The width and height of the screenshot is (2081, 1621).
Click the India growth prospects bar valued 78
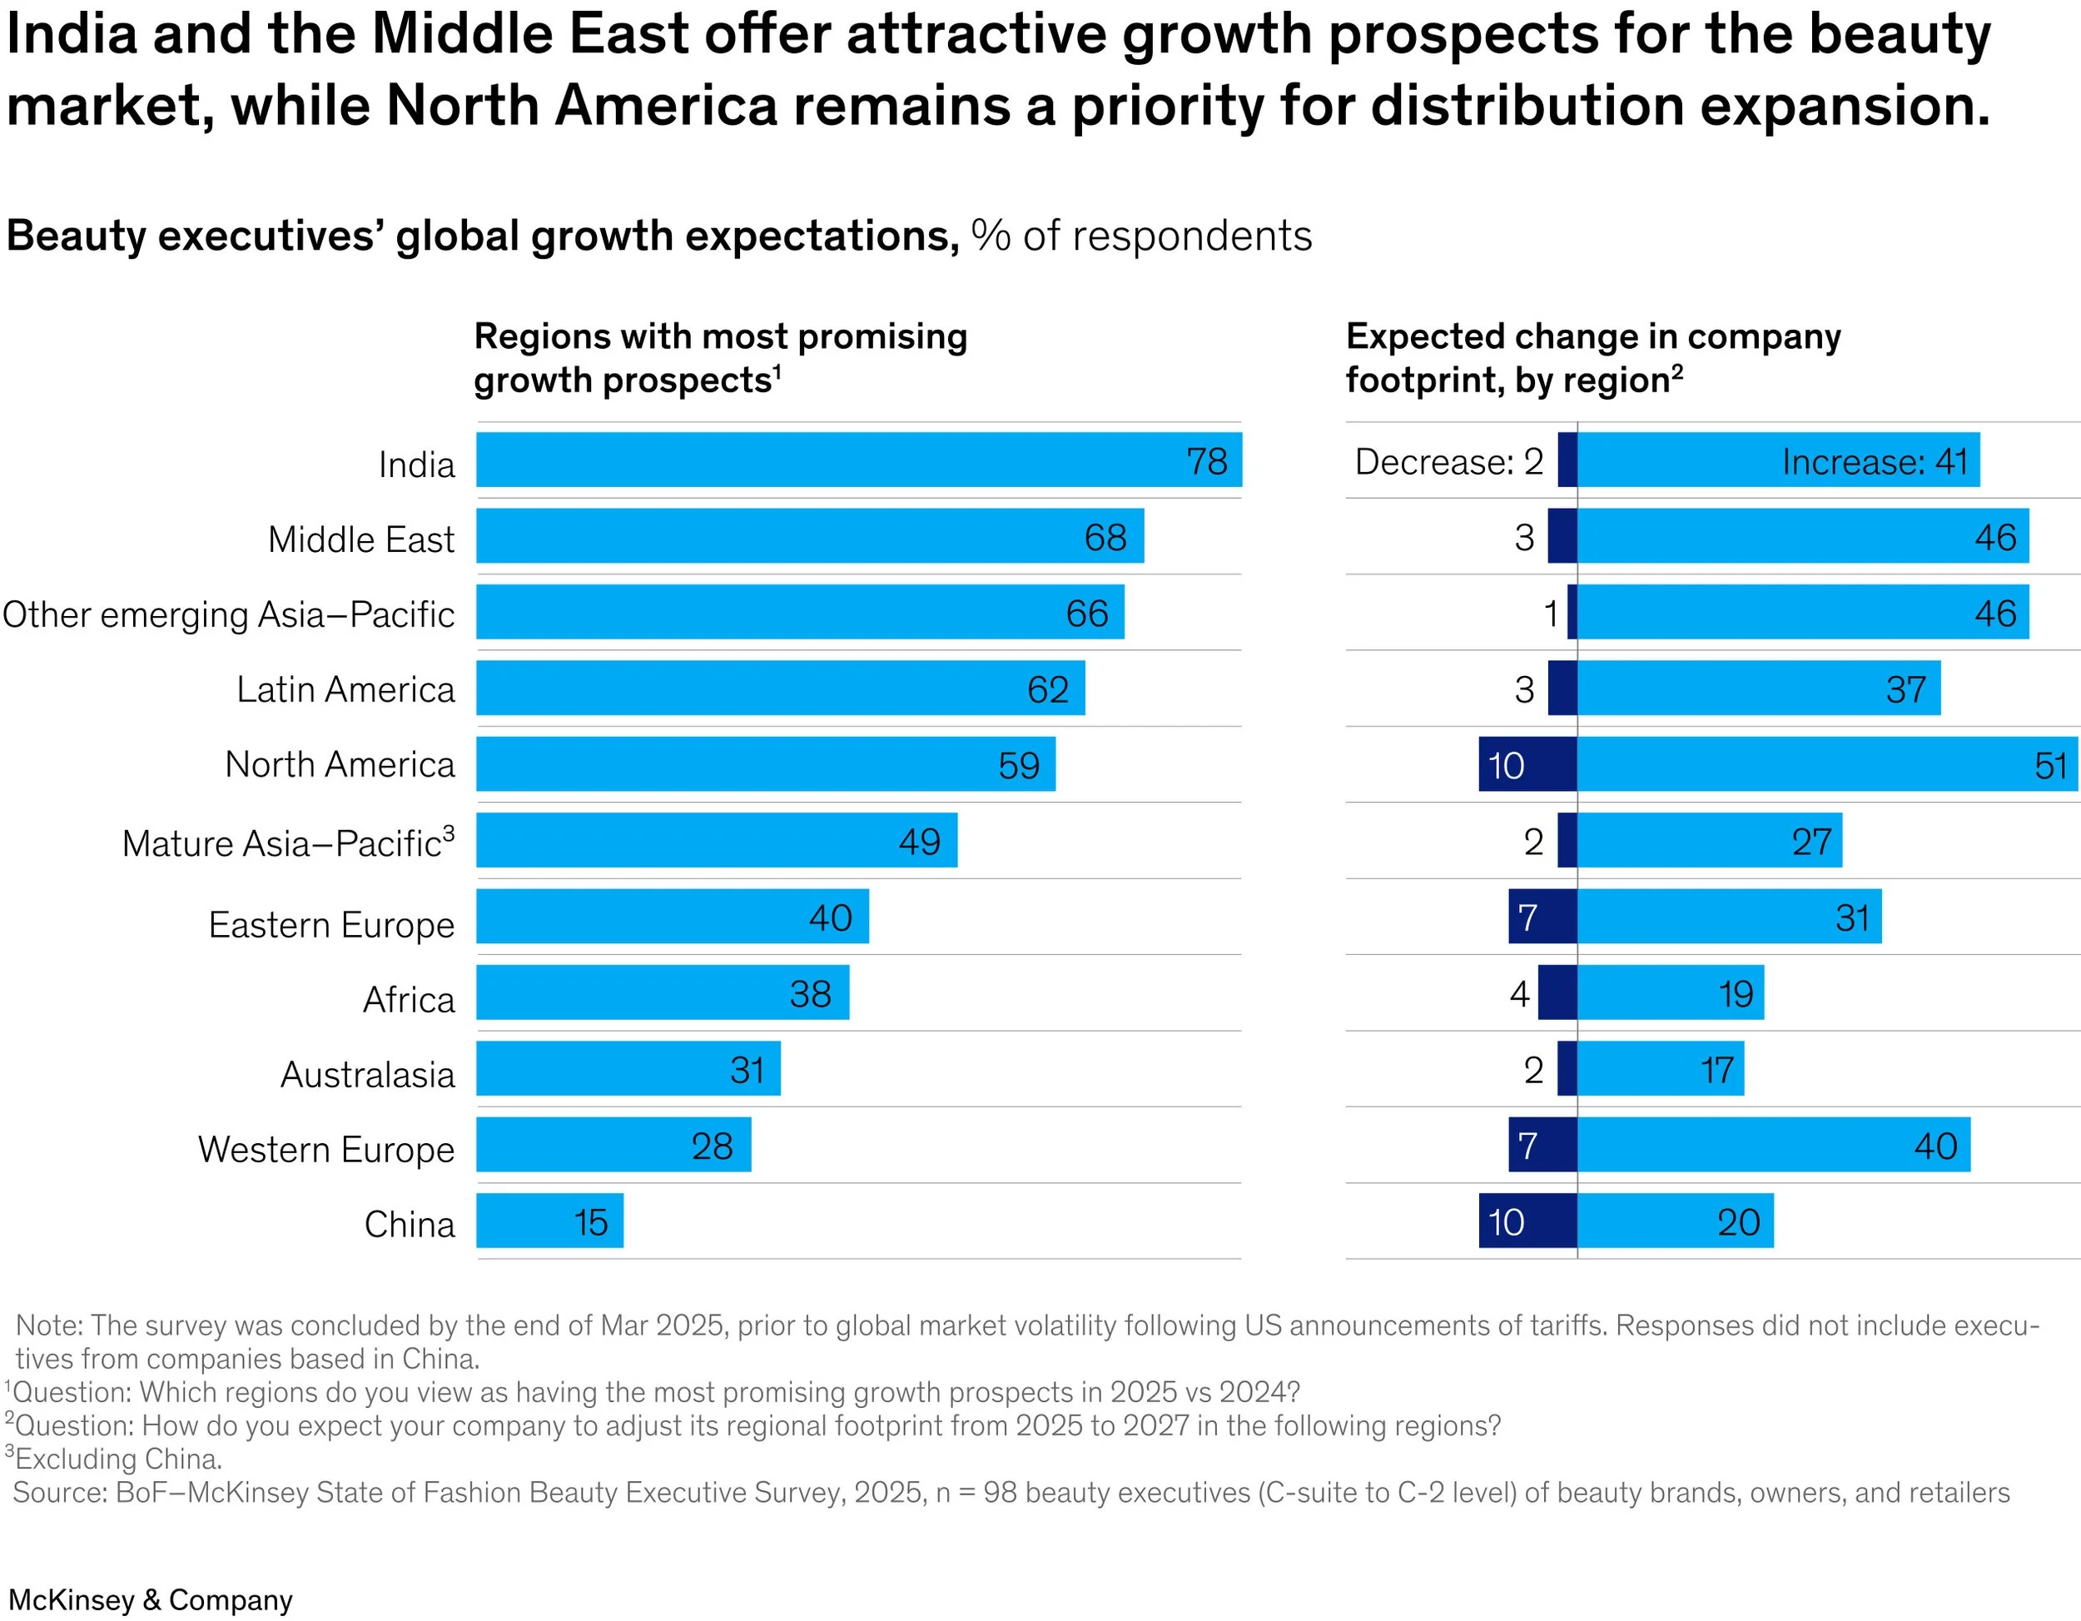857,460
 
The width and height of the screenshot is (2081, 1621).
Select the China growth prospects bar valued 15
549,1221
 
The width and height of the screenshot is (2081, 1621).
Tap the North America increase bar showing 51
1825,764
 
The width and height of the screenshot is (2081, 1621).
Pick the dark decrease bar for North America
1527,764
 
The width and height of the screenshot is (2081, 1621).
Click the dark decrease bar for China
1527,1221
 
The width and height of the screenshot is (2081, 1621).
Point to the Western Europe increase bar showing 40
1772,1145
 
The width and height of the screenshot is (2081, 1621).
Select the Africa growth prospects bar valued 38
663,993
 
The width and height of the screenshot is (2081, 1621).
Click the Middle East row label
361,540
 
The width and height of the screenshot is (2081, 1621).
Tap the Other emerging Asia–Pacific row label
229,614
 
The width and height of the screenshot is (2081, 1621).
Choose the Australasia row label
368,1075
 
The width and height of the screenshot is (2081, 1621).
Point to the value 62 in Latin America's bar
1047,690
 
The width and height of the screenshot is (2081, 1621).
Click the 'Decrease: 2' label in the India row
1448,462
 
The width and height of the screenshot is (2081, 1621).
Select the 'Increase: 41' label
1873,462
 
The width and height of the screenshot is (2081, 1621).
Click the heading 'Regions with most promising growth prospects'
720,358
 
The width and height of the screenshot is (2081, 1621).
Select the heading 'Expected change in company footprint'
1592,358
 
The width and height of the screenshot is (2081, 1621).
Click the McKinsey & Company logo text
151,1599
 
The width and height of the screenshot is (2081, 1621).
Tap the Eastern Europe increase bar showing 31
1728,917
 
